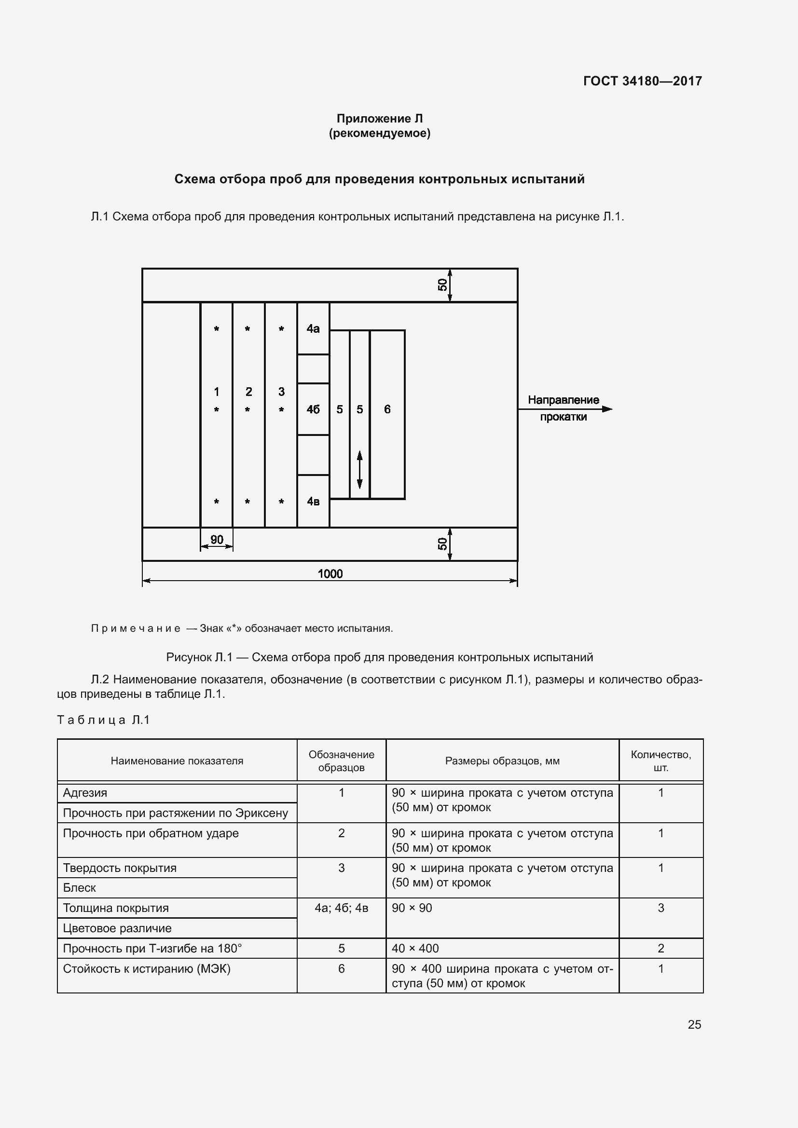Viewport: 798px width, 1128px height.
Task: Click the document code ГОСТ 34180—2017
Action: coord(642,81)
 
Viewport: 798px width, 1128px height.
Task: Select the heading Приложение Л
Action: coord(379,119)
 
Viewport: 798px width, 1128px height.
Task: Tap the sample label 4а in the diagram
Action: coord(313,329)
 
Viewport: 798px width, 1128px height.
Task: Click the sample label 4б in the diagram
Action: coord(313,409)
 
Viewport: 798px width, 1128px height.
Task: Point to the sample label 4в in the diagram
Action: coord(313,502)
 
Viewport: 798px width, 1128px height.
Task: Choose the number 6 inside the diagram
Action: coord(387,409)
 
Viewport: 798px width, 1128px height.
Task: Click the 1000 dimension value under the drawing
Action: coord(330,573)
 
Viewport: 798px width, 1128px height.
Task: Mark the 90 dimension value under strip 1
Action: coord(217,540)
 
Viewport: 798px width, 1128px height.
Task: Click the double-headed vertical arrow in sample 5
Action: coord(360,470)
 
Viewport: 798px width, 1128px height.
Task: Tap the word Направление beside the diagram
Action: coord(563,400)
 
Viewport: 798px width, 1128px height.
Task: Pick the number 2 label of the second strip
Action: coord(248,392)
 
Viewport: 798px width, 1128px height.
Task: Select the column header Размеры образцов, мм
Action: coord(502,761)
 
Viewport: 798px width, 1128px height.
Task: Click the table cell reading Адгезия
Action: coord(85,792)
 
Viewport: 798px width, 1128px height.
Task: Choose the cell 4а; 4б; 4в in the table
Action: coord(341,908)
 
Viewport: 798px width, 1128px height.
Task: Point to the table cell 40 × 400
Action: coord(415,948)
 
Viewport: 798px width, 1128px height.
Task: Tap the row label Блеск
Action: coord(80,888)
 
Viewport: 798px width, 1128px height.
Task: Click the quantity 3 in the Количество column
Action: coord(661,908)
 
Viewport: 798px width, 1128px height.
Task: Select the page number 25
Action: coord(694,1024)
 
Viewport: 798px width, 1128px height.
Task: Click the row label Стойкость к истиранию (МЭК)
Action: coord(147,969)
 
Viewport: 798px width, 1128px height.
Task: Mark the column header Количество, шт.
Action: coord(661,761)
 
